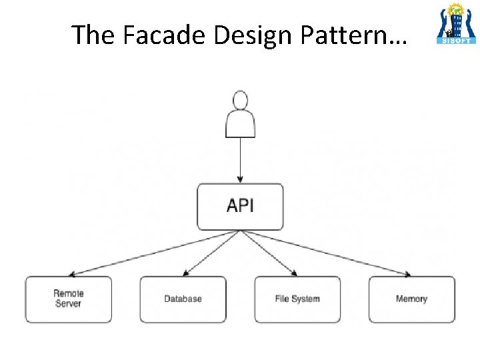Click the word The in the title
pyautogui.click(x=93, y=35)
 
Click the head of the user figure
pyautogui.click(x=240, y=101)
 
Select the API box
pyautogui.click(x=240, y=206)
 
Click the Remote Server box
pyautogui.click(x=69, y=299)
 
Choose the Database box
pyautogui.click(x=183, y=299)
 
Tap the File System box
pyautogui.click(x=297, y=299)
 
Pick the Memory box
pyautogui.click(x=411, y=299)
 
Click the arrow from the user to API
pyautogui.click(x=240, y=160)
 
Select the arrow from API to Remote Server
pyautogui.click(x=153, y=253)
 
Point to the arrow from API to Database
pyautogui.click(x=211, y=253)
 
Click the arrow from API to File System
pyautogui.click(x=269, y=253)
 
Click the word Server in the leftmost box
pyautogui.click(x=68, y=304)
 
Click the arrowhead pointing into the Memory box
pyautogui.click(x=407, y=274)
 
